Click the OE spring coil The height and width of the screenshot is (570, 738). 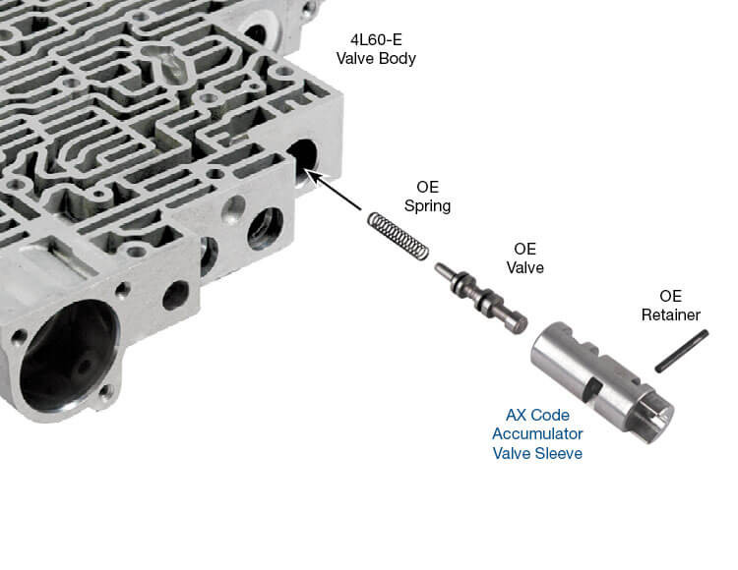[399, 237]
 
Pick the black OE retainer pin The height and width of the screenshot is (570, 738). [683, 351]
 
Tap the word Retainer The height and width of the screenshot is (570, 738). [670, 314]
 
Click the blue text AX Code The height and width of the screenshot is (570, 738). [538, 415]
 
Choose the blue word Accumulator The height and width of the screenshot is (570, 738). [538, 433]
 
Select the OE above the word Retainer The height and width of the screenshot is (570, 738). [670, 296]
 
